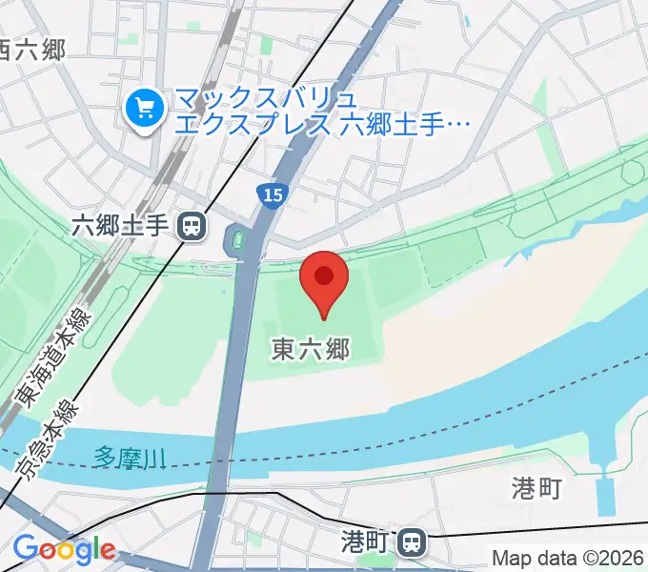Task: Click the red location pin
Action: (324, 278)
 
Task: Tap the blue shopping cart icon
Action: (144, 112)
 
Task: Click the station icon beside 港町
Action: (411, 542)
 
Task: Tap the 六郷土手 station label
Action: (121, 226)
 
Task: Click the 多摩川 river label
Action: (130, 459)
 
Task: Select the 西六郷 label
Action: (32, 50)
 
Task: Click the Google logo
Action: (64, 549)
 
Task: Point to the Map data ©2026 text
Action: (568, 557)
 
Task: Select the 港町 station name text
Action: (365, 542)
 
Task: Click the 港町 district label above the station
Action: (537, 490)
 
